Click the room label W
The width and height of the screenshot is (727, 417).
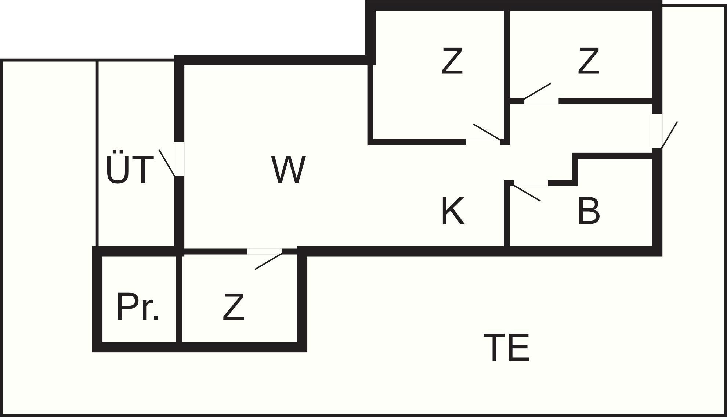click(289, 170)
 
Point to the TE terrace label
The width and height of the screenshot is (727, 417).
click(506, 347)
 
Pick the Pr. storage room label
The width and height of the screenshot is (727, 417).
click(138, 307)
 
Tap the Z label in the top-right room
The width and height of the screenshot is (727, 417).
click(589, 61)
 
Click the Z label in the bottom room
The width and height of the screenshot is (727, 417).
click(234, 307)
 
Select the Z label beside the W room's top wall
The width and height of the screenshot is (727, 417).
click(452, 61)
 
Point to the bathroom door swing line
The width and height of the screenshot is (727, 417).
click(527, 193)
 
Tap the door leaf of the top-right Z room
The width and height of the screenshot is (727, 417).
click(538, 91)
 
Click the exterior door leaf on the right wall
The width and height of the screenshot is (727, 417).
click(669, 135)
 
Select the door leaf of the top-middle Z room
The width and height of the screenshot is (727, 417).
click(487, 132)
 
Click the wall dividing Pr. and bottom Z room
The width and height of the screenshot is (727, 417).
click(179, 298)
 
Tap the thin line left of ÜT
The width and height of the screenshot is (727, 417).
click(97, 152)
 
